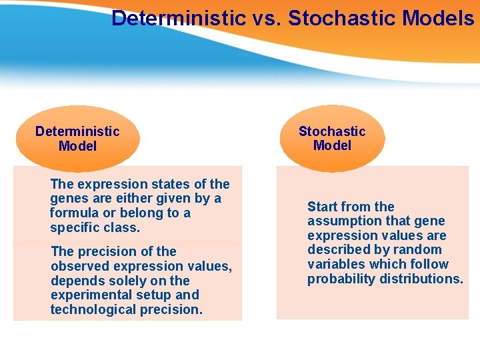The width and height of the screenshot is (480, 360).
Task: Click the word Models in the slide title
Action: click(x=438, y=18)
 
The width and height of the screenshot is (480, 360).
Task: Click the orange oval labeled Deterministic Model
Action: click(x=77, y=139)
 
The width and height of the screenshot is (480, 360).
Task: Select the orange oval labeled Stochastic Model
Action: click(x=332, y=139)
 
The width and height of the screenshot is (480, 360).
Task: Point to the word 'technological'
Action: click(x=93, y=310)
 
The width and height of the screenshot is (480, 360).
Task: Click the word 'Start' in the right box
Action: click(x=323, y=207)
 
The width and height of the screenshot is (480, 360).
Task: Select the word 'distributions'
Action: click(x=421, y=279)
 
